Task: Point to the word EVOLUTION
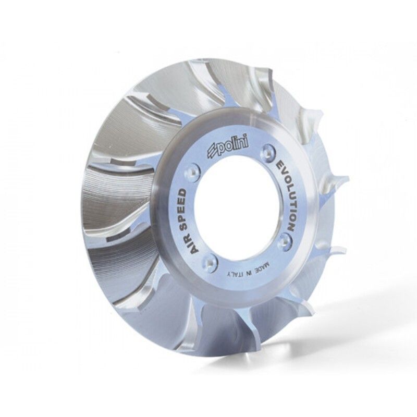coord(286,197)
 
